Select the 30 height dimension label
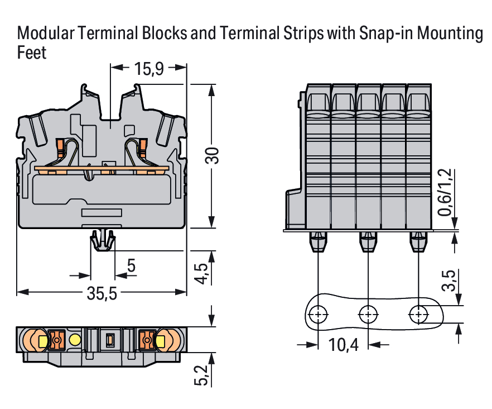point(212,156)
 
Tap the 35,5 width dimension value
point(102,293)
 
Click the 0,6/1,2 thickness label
point(445,193)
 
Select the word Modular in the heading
point(46,34)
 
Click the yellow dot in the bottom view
point(74,339)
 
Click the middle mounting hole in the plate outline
point(368,314)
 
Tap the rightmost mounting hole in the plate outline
point(417,314)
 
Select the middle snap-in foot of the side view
point(368,241)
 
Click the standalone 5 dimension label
point(132,266)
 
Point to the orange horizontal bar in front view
point(101,168)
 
